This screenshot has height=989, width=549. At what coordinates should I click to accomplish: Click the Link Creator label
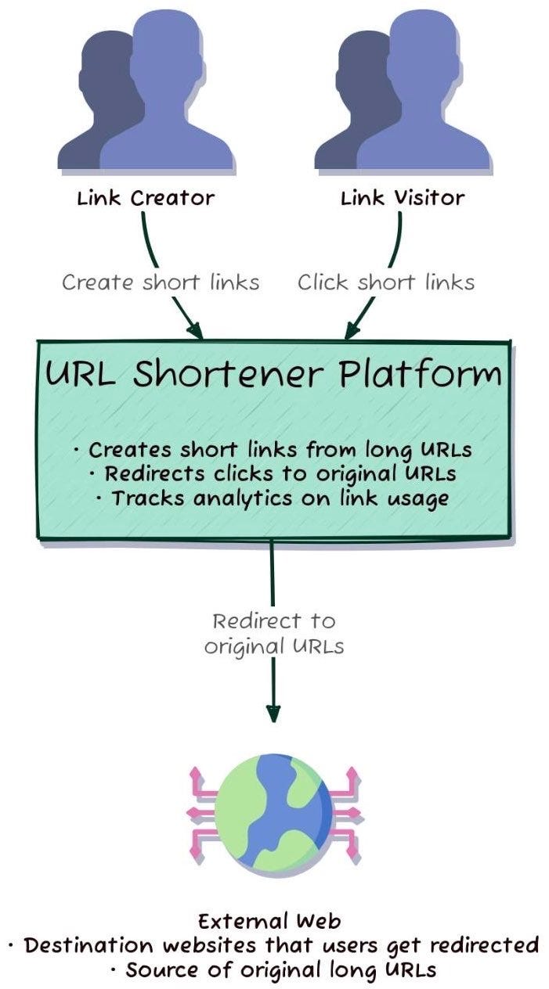click(x=145, y=197)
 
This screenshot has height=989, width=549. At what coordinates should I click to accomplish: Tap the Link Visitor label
click(x=402, y=197)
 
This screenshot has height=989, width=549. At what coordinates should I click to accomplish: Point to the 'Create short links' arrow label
click(x=161, y=282)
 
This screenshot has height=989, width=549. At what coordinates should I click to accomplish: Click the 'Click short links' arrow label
click(x=385, y=282)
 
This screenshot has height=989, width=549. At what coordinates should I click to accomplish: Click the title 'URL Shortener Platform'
click(x=273, y=376)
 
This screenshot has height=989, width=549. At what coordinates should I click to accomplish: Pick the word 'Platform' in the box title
click(x=421, y=376)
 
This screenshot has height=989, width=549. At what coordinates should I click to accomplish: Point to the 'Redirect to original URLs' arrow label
click(x=273, y=634)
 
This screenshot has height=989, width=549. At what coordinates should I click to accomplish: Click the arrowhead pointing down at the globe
click(x=273, y=714)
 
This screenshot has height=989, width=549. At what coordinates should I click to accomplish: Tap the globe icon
click(x=273, y=811)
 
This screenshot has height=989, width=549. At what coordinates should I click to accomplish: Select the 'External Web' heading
click(x=269, y=920)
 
